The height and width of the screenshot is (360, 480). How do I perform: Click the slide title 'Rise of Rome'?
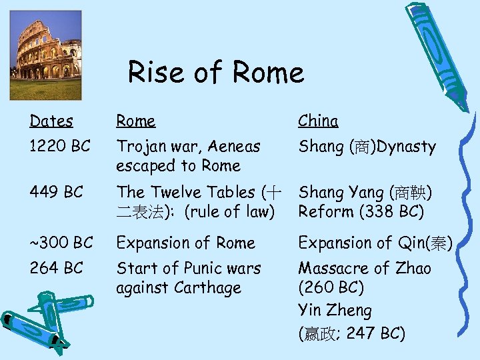point(215,73)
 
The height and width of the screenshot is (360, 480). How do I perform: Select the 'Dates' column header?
point(51,121)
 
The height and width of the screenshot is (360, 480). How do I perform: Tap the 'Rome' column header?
point(135,121)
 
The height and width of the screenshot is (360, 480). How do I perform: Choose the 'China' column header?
point(318,121)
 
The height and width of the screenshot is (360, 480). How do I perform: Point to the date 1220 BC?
point(60,146)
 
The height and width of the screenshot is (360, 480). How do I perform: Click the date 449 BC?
point(56,192)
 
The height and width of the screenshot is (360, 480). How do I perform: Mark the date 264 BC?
point(56,268)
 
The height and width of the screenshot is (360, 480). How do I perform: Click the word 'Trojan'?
point(139,146)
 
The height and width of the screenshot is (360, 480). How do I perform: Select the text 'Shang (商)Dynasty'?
point(367,147)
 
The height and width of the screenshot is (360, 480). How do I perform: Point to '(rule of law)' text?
point(230,212)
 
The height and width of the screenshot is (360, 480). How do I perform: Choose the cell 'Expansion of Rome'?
point(185,243)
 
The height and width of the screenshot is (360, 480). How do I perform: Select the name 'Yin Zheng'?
point(335,310)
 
